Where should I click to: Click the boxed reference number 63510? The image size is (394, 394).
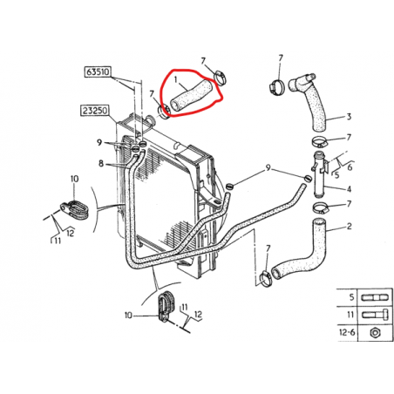pyautogui.click(x=98, y=71)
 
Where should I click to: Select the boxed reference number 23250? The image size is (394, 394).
pyautogui.click(x=95, y=111)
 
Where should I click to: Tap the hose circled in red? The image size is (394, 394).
pyautogui.click(x=191, y=96)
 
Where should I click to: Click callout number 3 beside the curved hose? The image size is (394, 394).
pyautogui.click(x=349, y=117)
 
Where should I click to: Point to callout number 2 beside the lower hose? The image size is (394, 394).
pyautogui.click(x=350, y=226)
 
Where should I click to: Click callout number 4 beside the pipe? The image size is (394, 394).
pyautogui.click(x=349, y=189)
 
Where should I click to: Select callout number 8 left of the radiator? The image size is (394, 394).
pyautogui.click(x=101, y=164)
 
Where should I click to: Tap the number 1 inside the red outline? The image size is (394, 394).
pyautogui.click(x=175, y=79)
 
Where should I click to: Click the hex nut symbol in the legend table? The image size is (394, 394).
pyautogui.click(x=375, y=332)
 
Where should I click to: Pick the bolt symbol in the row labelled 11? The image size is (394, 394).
pyautogui.click(x=375, y=315)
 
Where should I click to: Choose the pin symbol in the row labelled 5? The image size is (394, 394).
pyautogui.click(x=375, y=298)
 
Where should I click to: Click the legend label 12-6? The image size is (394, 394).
pyautogui.click(x=347, y=332)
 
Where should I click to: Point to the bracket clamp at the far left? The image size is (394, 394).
pyautogui.click(x=75, y=209)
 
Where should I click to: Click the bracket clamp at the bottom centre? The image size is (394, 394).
pyautogui.click(x=166, y=306)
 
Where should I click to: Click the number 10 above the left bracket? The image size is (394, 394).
pyautogui.click(x=74, y=179)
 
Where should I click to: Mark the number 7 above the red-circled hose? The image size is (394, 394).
pyautogui.click(x=203, y=61)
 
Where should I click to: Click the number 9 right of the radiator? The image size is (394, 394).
pyautogui.click(x=268, y=167)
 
